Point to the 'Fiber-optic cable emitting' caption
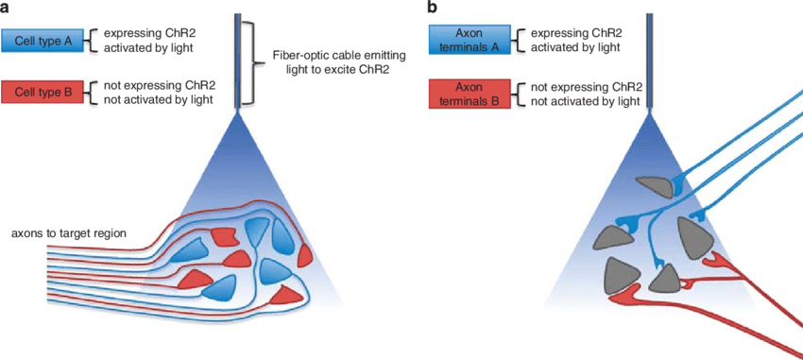tap(335, 56)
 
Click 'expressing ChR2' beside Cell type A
tap(149, 35)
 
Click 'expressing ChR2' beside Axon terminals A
tap(576, 33)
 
